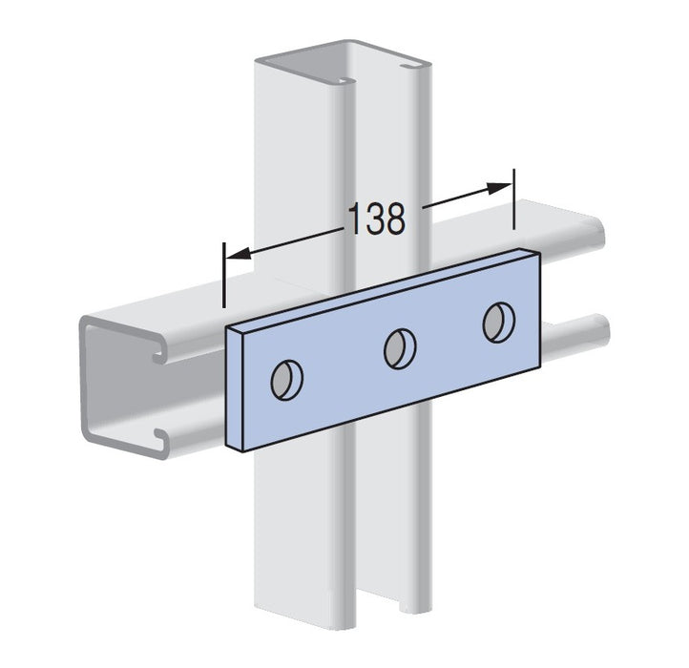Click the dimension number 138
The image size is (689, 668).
[x=377, y=219]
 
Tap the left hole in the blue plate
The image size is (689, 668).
[x=287, y=380]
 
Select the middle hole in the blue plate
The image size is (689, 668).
[x=400, y=348]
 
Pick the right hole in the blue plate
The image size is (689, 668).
[x=499, y=323]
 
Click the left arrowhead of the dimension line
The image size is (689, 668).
[x=239, y=254]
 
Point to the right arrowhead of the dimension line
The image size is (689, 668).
[x=500, y=188]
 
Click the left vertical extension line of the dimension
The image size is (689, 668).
[x=224, y=275]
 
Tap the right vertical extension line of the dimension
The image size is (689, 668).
[x=513, y=198]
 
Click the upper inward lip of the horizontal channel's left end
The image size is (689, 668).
[x=160, y=352]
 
